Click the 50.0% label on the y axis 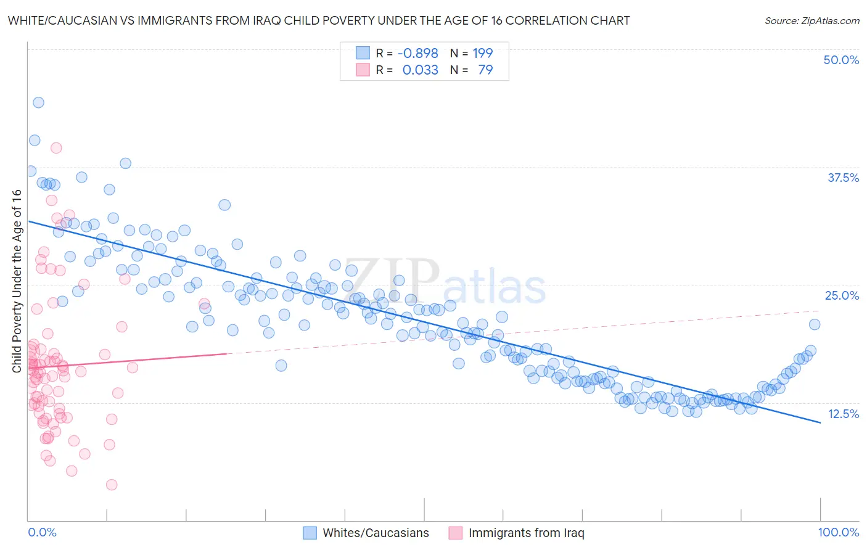click(x=841, y=60)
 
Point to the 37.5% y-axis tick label click(x=843, y=178)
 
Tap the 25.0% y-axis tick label click(x=842, y=295)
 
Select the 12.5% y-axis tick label click(x=843, y=414)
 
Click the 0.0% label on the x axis click(x=42, y=532)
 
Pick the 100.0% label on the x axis click(x=838, y=532)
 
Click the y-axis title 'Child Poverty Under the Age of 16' click(x=17, y=281)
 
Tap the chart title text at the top click(x=319, y=20)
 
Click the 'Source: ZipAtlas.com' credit click(x=812, y=20)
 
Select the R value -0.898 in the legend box click(x=417, y=53)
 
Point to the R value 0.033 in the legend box click(x=420, y=70)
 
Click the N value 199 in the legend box click(x=483, y=53)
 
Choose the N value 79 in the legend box click(x=485, y=70)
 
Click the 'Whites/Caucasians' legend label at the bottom click(x=376, y=533)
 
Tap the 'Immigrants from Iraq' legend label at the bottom click(x=526, y=533)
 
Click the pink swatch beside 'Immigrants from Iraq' click(x=455, y=533)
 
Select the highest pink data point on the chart click(x=56, y=148)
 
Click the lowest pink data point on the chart click(x=112, y=485)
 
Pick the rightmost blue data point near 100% click(x=815, y=324)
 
